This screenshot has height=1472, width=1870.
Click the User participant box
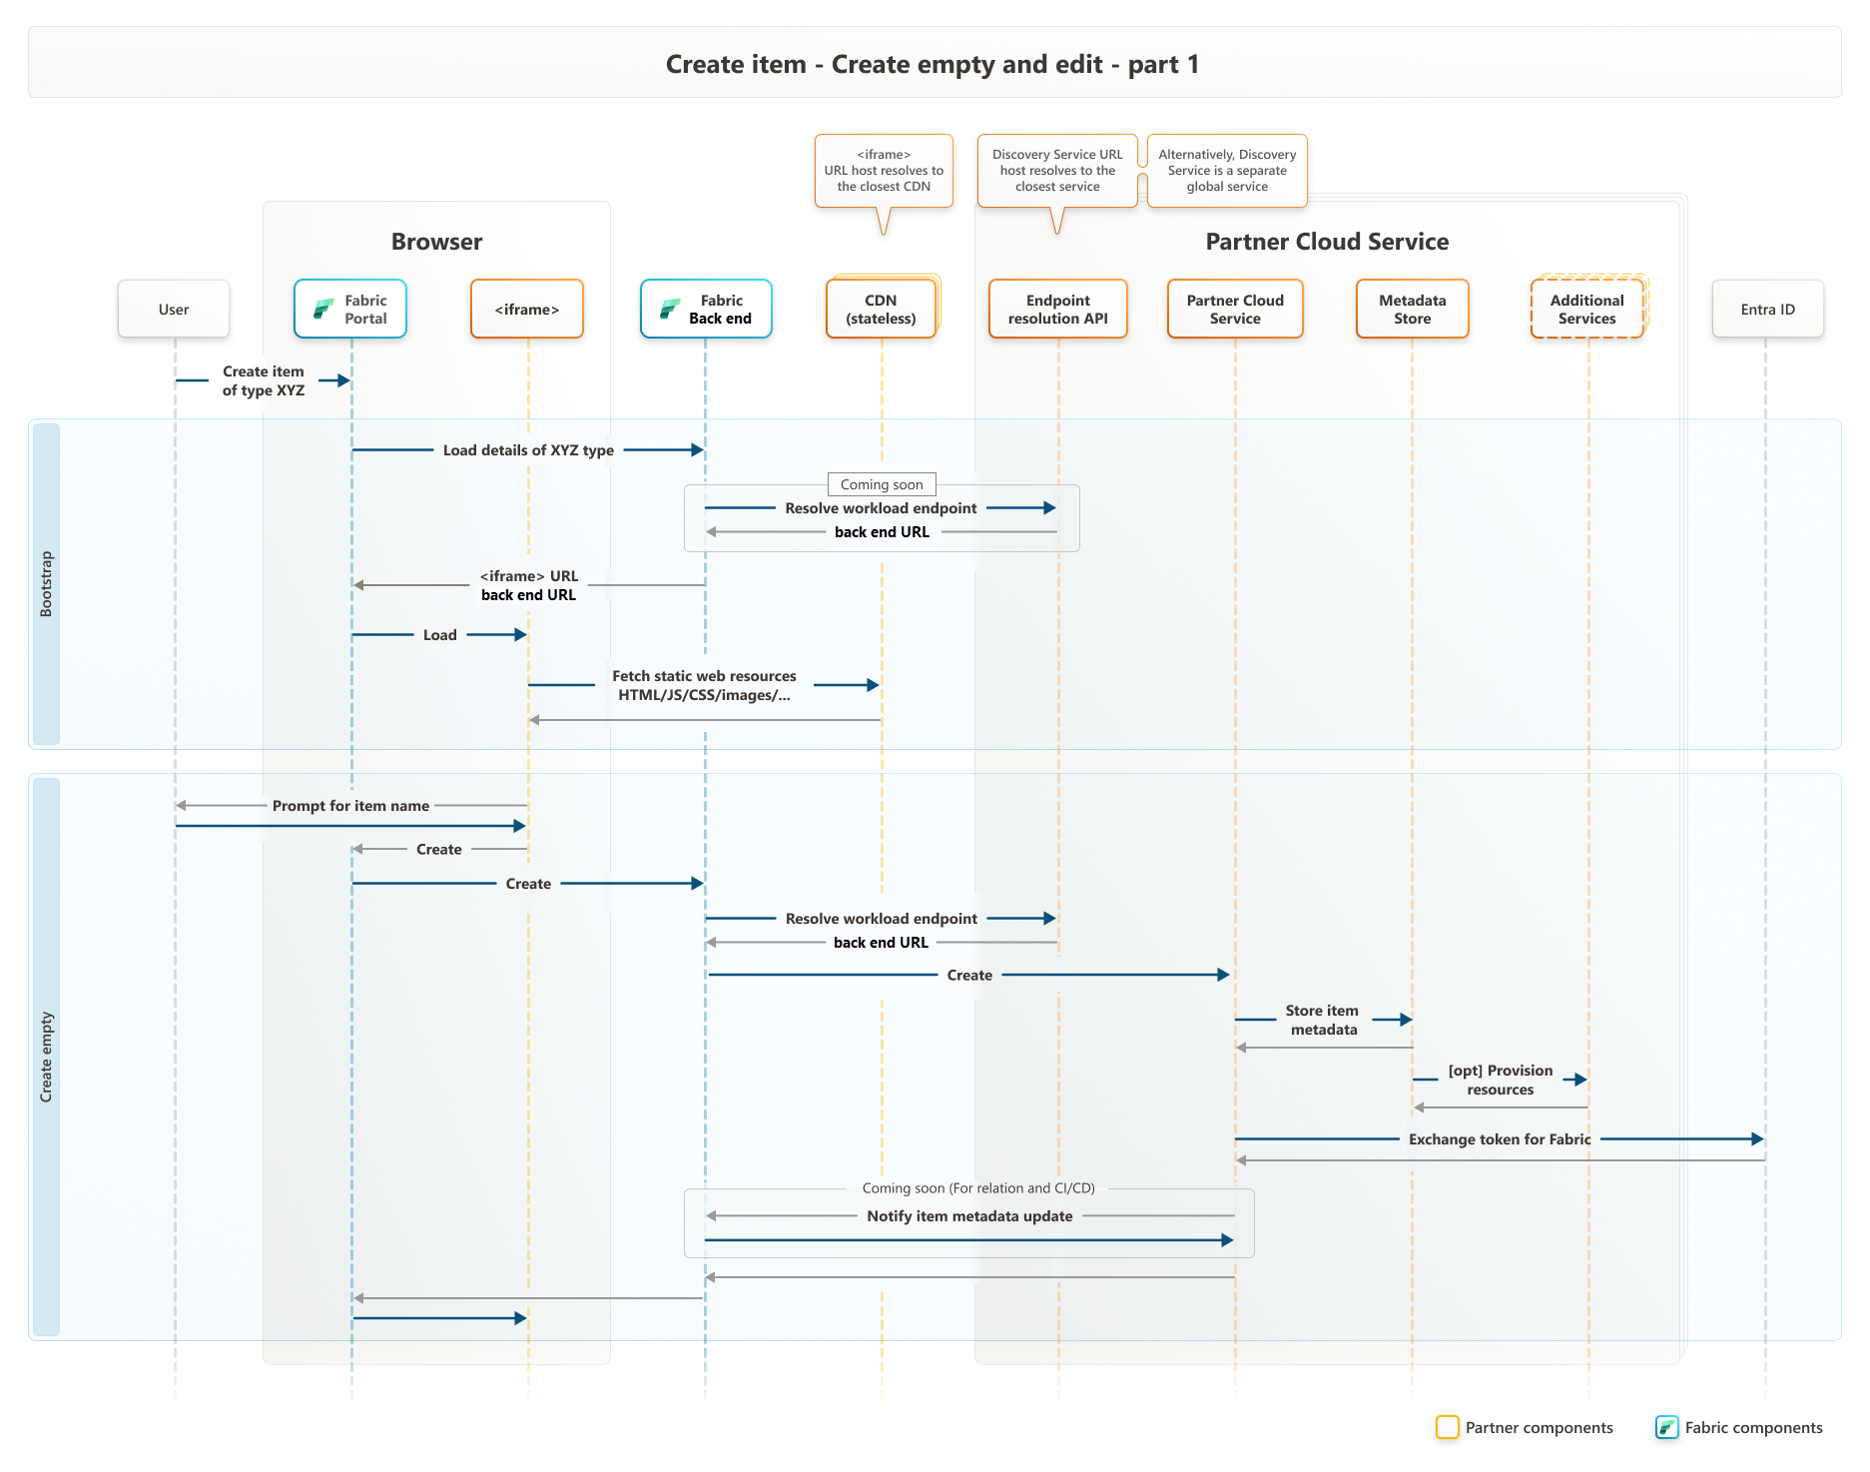tap(174, 310)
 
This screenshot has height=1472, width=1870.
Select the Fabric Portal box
tap(350, 310)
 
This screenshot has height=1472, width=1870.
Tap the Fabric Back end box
tap(706, 310)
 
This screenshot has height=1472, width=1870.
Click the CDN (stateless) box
tap(881, 310)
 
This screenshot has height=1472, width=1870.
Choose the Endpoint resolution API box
tap(1057, 310)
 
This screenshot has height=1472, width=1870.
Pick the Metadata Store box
tap(1412, 310)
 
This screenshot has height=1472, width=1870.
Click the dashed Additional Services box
tap(1586, 310)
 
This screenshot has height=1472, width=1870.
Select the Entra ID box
tap(1767, 310)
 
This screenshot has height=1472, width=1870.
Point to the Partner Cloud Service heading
tap(1327, 242)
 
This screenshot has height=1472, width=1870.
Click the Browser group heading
tap(436, 242)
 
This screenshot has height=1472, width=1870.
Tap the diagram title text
tap(933, 65)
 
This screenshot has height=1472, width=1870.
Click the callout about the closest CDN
tap(884, 171)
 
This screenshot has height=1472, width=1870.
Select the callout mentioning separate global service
tap(1227, 171)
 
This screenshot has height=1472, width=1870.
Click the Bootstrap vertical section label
tap(46, 584)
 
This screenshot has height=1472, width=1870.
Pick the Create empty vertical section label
tap(46, 1057)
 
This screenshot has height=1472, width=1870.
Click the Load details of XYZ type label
tap(528, 450)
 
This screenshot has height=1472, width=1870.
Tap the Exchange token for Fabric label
tap(1500, 1139)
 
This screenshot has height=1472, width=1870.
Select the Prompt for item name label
tap(350, 806)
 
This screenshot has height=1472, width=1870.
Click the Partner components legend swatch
tap(1447, 1427)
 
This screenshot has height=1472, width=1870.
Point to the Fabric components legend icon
tap(1666, 1427)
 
